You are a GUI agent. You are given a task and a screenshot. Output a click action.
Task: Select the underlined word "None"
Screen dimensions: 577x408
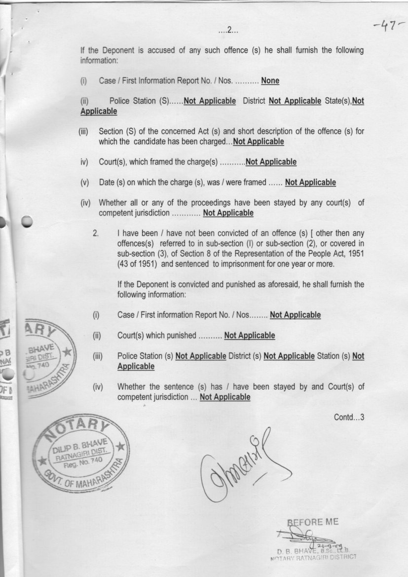(x=270, y=81)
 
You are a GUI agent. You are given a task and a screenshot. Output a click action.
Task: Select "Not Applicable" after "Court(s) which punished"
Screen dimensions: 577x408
(x=249, y=336)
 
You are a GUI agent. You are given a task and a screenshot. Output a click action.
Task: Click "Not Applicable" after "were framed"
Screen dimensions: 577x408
(x=310, y=183)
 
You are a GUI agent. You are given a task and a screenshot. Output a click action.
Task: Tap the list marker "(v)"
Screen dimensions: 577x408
(x=85, y=183)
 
